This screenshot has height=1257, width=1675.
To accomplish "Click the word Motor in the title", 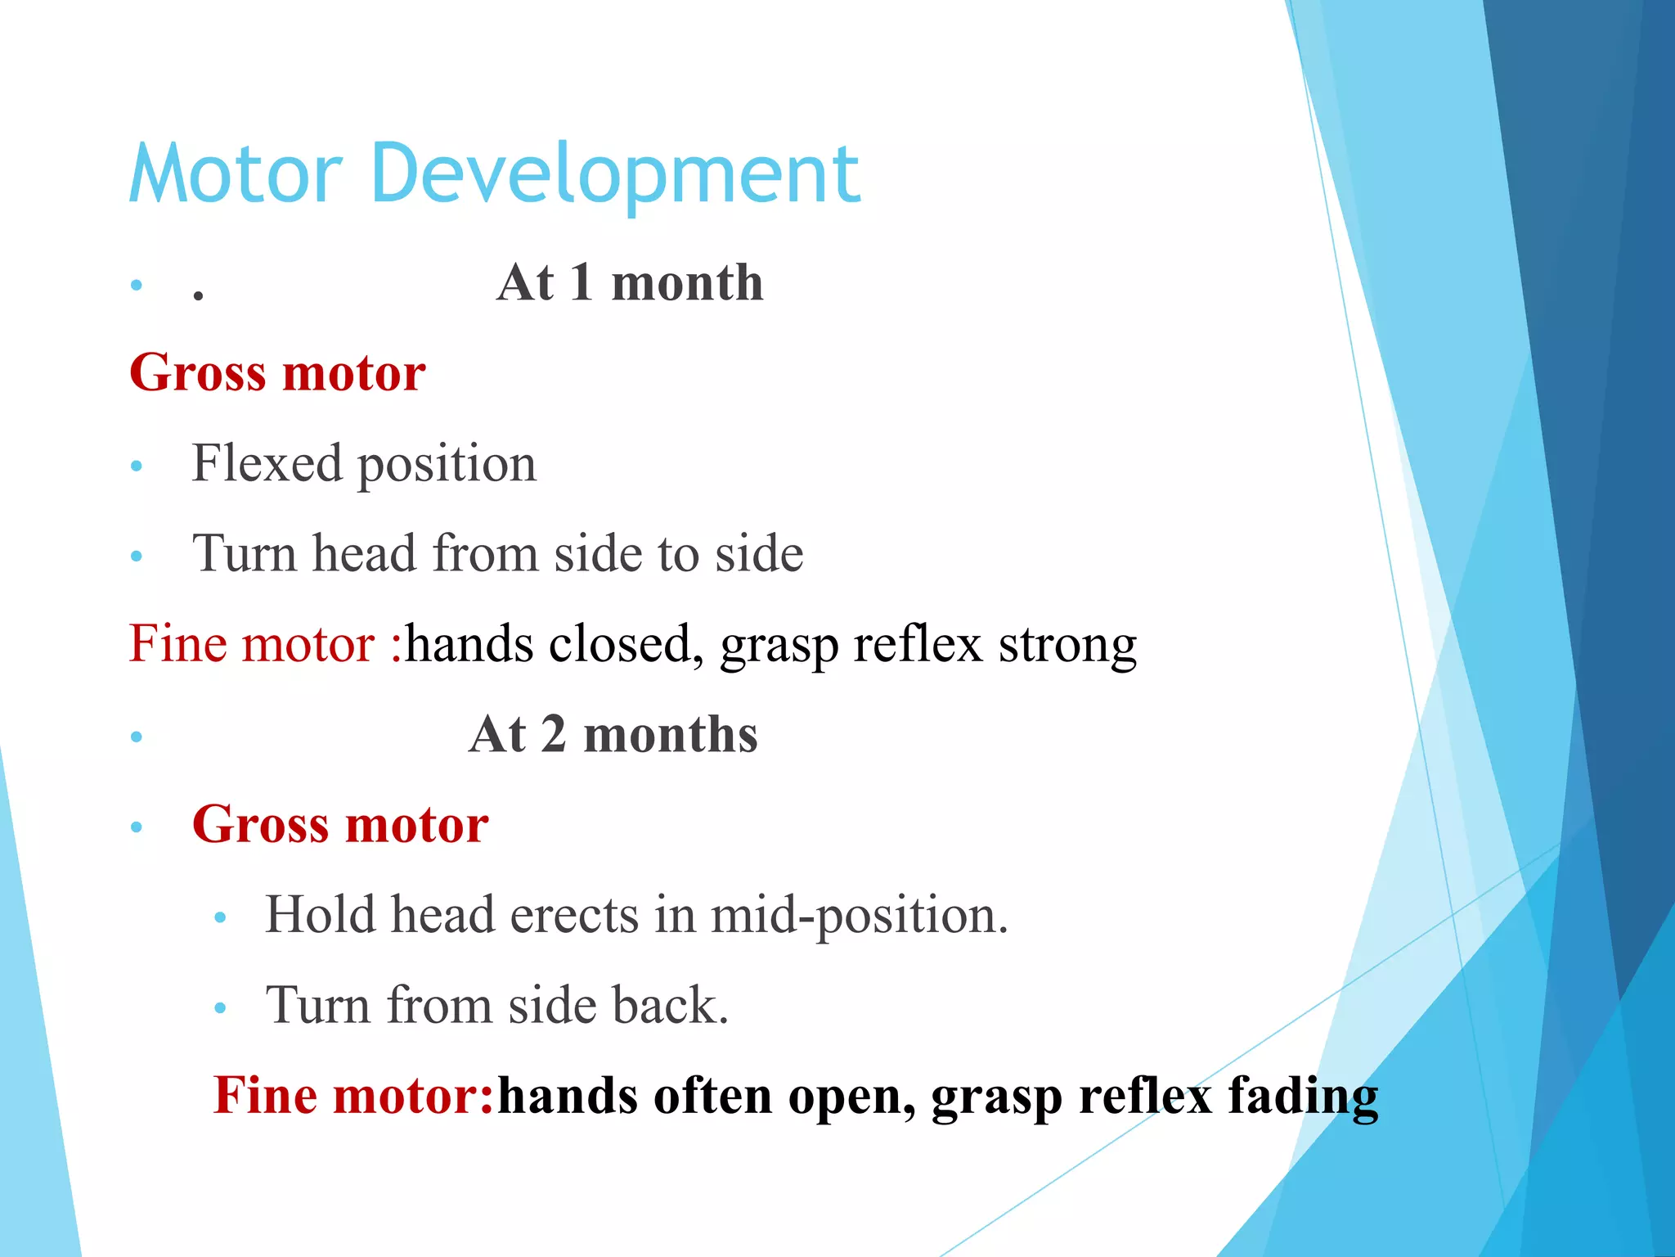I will tap(236, 173).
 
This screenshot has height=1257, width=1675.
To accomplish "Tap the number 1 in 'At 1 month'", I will tap(582, 283).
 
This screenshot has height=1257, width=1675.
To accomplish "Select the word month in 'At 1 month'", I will tap(687, 283).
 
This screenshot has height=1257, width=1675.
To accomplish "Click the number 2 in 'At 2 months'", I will tap(554, 734).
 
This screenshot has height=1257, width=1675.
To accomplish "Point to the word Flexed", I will tap(267, 463).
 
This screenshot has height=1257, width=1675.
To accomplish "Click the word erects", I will tap(574, 915).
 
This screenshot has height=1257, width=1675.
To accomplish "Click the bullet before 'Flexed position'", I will tap(137, 466).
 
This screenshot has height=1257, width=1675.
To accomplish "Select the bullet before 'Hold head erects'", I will tap(219, 918).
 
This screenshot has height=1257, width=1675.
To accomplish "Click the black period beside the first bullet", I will tap(198, 296).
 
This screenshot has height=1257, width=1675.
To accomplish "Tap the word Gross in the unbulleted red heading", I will tap(198, 373).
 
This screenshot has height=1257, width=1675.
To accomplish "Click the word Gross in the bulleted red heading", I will tap(260, 824).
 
